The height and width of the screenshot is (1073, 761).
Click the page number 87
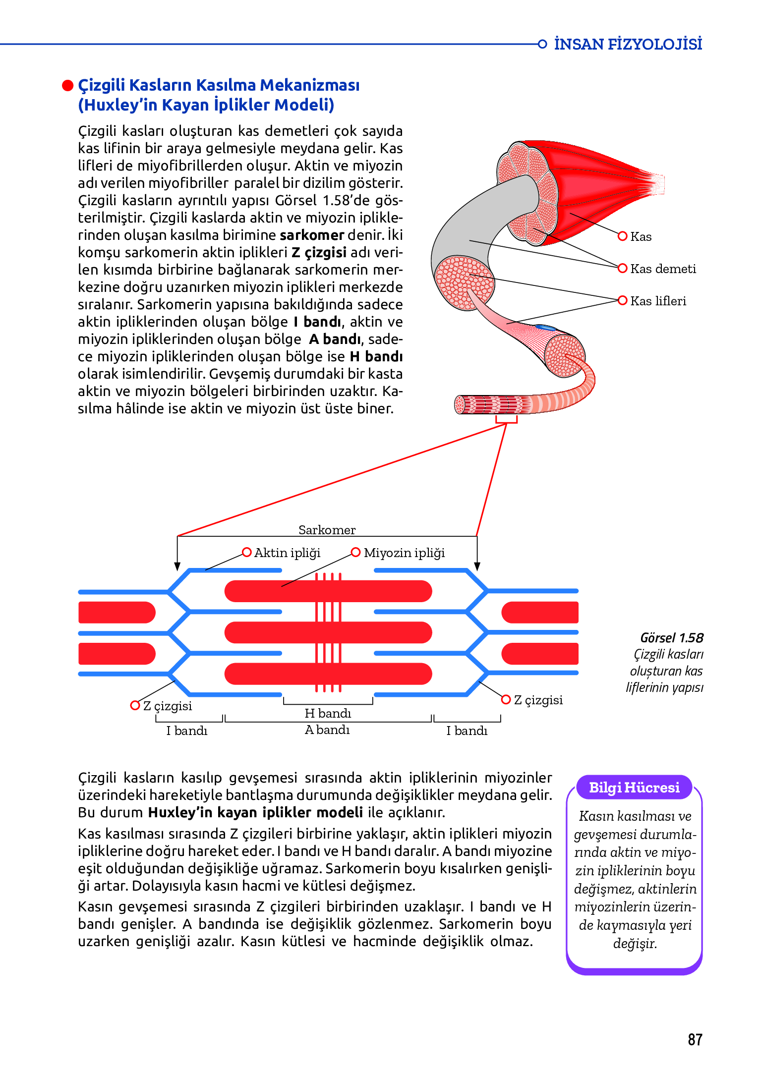(x=695, y=1039)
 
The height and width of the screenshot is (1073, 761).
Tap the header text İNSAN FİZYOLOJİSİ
(x=628, y=44)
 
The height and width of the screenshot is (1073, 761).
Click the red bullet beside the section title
(x=67, y=86)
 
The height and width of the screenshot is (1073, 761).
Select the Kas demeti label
(x=663, y=269)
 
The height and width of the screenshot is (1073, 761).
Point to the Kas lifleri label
(x=658, y=301)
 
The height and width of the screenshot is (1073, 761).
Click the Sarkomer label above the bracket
(x=327, y=530)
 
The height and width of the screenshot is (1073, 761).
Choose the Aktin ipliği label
(x=287, y=553)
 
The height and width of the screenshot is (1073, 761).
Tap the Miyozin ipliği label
(x=404, y=553)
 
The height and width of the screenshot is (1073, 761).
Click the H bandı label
(x=328, y=713)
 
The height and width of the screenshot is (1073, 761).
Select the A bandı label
(x=327, y=730)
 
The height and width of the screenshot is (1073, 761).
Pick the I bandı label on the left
(x=187, y=731)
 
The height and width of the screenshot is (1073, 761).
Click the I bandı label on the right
(x=467, y=731)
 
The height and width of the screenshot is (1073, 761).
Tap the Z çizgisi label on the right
(x=538, y=700)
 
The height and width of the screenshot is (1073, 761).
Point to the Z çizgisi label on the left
(x=168, y=706)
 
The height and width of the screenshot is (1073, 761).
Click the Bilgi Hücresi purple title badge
(x=634, y=788)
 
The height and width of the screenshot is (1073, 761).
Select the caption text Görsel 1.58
(x=672, y=638)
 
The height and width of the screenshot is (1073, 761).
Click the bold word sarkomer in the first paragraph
(x=312, y=235)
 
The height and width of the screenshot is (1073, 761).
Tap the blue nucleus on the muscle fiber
(x=545, y=328)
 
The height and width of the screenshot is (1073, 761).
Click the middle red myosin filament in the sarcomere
(x=328, y=632)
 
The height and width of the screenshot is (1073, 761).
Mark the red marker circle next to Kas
(x=623, y=236)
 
